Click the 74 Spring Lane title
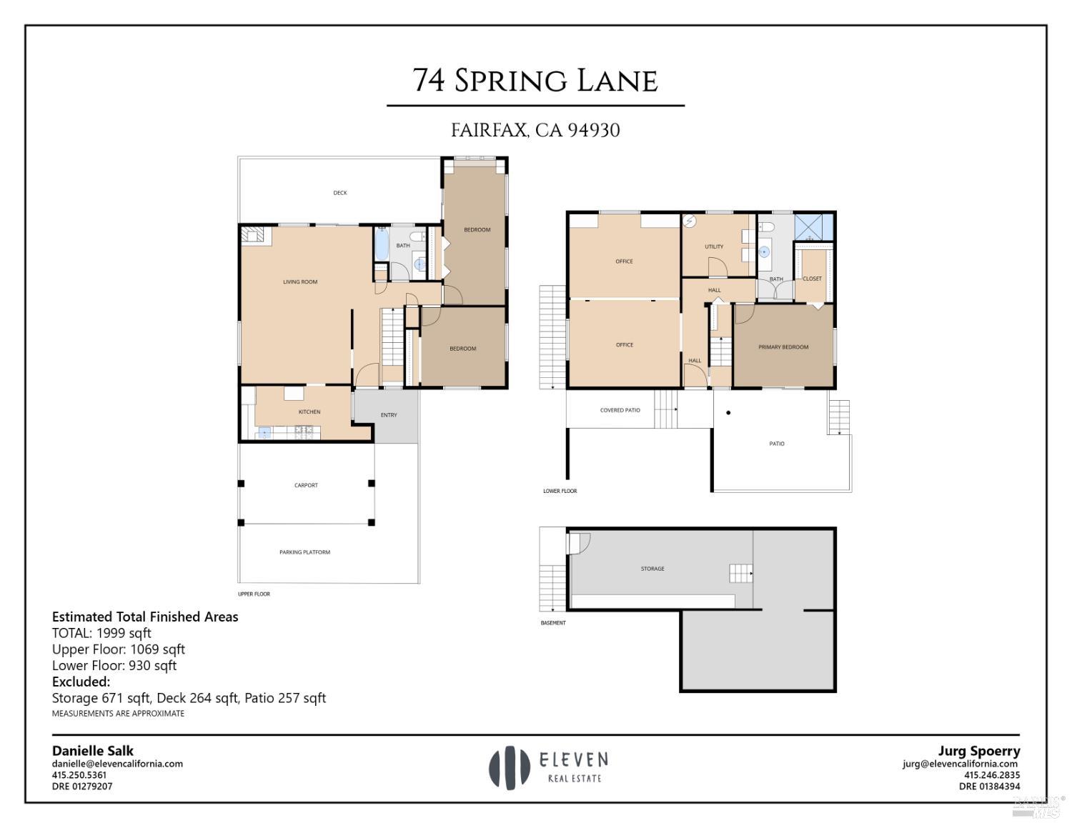pyautogui.click(x=535, y=81)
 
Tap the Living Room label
pyautogui.click(x=300, y=282)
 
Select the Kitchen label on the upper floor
pyautogui.click(x=309, y=412)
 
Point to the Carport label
pyautogui.click(x=306, y=486)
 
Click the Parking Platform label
pyautogui.click(x=304, y=552)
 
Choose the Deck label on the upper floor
pyautogui.click(x=340, y=193)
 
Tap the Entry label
pyautogui.click(x=389, y=415)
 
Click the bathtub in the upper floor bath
pyautogui.click(x=382, y=244)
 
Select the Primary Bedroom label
pyautogui.click(x=783, y=347)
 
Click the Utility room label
pyautogui.click(x=714, y=247)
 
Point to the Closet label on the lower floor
pyautogui.click(x=812, y=279)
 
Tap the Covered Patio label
pyautogui.click(x=620, y=411)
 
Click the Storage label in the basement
pyautogui.click(x=652, y=569)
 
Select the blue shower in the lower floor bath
pyautogui.click(x=814, y=227)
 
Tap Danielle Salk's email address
pyautogui.click(x=117, y=764)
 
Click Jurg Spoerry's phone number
pyautogui.click(x=992, y=775)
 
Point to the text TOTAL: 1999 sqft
pyautogui.click(x=101, y=633)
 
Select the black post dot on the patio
pyautogui.click(x=728, y=412)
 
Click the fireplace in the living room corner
pyautogui.click(x=254, y=235)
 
